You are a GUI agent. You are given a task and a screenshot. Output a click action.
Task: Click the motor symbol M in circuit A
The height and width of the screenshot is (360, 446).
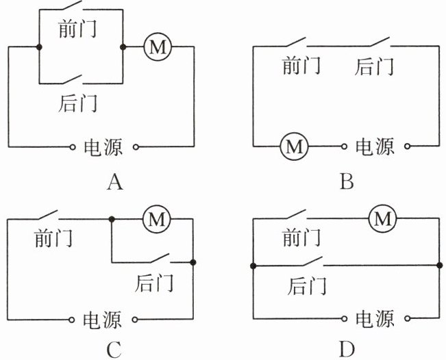(x=157, y=47)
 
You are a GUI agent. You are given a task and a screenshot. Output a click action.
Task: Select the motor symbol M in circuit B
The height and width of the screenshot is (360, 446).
(x=295, y=146)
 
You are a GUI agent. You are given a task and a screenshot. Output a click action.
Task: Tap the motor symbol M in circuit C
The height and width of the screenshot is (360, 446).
(x=157, y=219)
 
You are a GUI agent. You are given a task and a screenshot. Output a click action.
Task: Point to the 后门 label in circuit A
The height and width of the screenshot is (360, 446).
(x=77, y=103)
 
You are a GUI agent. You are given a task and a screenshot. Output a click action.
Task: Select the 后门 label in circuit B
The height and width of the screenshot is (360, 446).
(x=375, y=66)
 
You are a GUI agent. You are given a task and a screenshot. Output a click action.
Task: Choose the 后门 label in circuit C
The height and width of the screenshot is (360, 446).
(x=154, y=282)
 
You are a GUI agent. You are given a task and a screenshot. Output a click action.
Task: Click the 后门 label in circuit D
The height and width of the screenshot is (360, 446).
(x=306, y=283)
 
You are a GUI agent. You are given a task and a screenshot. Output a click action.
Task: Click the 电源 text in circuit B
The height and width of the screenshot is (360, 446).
(x=374, y=146)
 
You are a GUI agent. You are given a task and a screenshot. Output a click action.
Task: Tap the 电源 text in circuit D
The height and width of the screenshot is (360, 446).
(x=374, y=320)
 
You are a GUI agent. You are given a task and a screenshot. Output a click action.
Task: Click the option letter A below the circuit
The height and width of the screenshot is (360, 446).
(x=114, y=182)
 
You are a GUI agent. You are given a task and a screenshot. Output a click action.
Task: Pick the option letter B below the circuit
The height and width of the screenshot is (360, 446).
(x=347, y=182)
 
